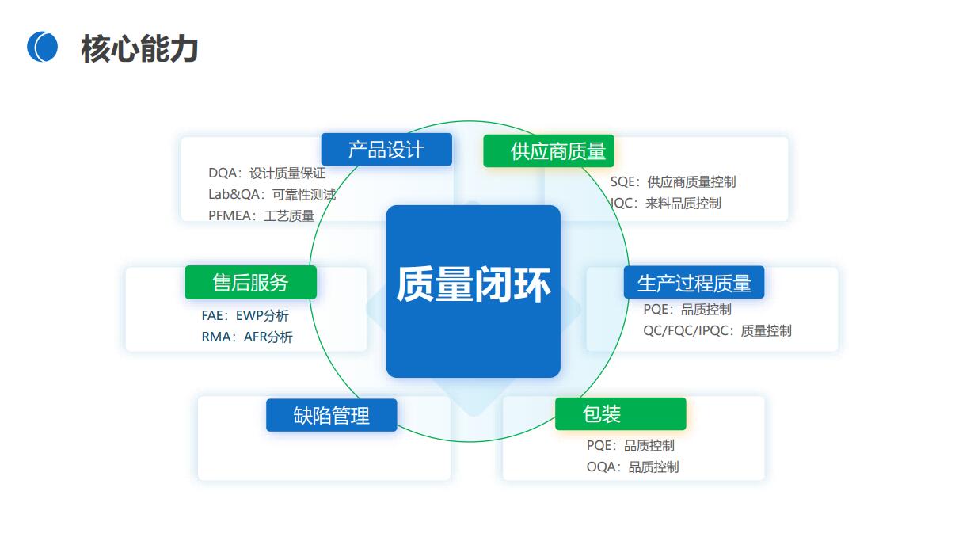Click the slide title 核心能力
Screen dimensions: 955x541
pos(139,48)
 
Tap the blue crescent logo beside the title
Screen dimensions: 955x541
pos(42,47)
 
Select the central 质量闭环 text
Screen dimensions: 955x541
pos(474,284)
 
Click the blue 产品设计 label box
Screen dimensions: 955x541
pos(386,149)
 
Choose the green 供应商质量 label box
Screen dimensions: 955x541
pos(549,151)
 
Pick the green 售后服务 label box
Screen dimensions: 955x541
pos(251,282)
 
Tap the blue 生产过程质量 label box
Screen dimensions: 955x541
pos(694,282)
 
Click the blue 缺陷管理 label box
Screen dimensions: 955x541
pos(331,415)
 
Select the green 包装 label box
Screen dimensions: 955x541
pos(621,414)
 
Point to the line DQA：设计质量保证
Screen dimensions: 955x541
pos(267,173)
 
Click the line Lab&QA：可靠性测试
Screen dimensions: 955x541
pos(272,194)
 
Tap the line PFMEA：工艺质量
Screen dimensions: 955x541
pos(261,215)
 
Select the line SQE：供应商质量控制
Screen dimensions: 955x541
pos(673,182)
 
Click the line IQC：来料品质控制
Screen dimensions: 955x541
pos(665,204)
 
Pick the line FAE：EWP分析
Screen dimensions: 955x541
pos(245,315)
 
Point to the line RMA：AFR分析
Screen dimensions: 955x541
pos(247,337)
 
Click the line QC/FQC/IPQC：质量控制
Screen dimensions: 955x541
pos(717,330)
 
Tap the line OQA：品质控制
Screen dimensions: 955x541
pos(633,467)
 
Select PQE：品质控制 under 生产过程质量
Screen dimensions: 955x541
pos(687,309)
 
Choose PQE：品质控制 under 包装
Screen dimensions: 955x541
pos(630,445)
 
